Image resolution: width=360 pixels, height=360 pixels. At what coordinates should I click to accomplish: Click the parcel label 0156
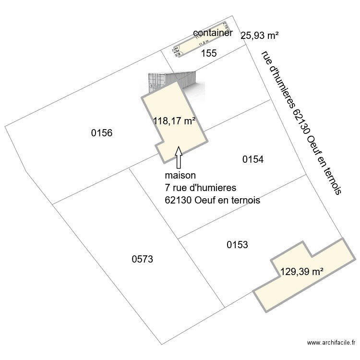[102, 133]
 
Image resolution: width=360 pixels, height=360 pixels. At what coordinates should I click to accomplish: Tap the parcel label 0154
[253, 159]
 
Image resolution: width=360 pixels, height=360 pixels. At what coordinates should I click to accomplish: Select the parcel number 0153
[237, 245]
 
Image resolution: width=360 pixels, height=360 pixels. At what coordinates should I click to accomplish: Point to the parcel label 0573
[142, 259]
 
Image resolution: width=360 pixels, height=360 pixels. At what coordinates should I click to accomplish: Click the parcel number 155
[209, 53]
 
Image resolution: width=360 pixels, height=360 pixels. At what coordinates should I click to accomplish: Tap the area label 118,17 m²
[174, 121]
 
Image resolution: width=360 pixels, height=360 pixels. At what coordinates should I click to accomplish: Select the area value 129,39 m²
[302, 272]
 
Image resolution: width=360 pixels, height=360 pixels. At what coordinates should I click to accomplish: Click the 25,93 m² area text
[260, 35]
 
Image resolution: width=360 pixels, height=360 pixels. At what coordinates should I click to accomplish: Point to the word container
[213, 33]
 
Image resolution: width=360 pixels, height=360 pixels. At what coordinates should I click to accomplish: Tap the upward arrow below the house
[179, 157]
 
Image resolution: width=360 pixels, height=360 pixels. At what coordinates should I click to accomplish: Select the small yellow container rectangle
[202, 39]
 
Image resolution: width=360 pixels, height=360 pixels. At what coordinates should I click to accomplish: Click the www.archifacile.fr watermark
[332, 343]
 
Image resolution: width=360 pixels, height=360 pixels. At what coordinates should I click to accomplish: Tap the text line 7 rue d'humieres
[201, 188]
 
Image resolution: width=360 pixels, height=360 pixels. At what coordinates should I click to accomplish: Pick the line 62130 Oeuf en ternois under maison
[212, 200]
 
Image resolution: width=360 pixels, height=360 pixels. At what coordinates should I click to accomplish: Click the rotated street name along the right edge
[301, 122]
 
